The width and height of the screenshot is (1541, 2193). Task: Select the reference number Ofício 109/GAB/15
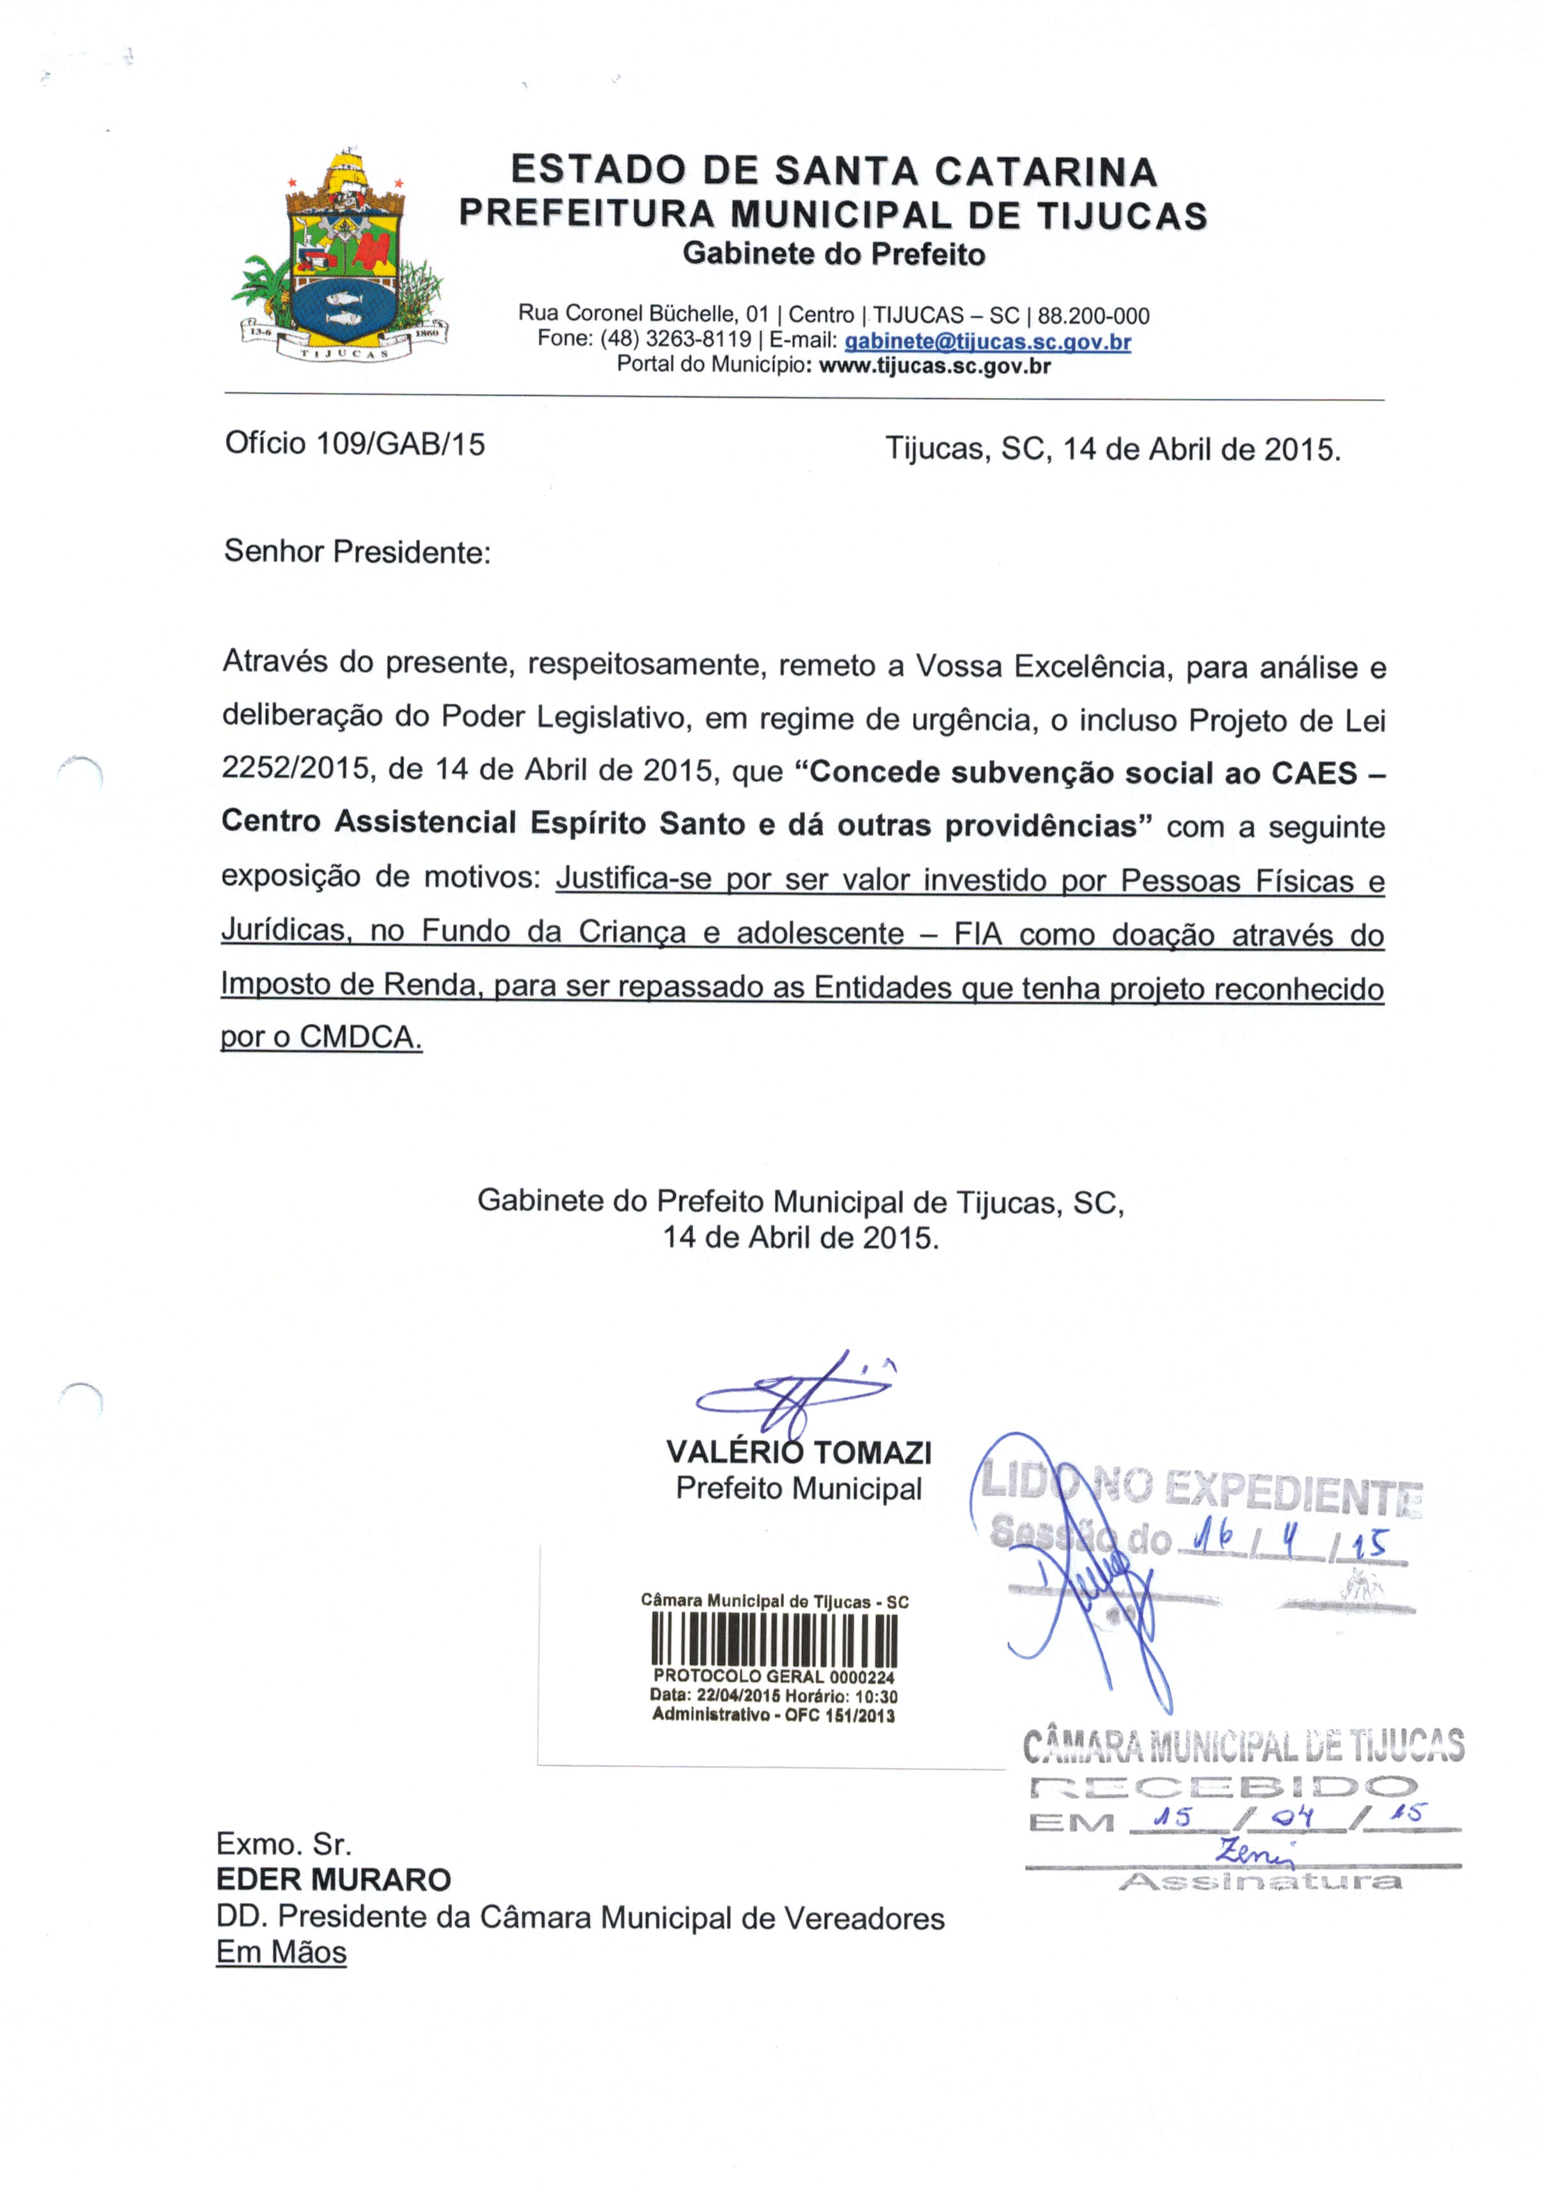(x=354, y=444)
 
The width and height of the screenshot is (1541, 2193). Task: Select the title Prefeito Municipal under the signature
(x=799, y=1488)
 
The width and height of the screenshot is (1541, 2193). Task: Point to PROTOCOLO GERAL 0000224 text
(x=774, y=1677)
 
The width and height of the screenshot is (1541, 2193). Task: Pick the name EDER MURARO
(x=333, y=1880)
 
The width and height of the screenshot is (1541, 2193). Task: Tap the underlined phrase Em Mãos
(x=281, y=1953)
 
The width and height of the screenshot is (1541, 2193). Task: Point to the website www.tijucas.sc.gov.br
(x=935, y=366)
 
